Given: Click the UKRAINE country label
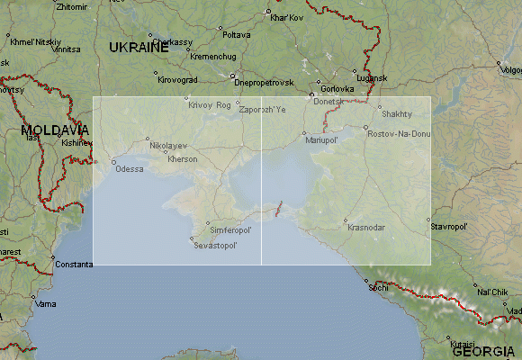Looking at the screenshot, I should (x=139, y=48).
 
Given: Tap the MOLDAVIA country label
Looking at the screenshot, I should (x=56, y=130).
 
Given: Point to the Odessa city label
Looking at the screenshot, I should (x=130, y=169).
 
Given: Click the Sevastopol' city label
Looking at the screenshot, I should (x=217, y=246).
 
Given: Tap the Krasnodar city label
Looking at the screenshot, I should (x=366, y=226).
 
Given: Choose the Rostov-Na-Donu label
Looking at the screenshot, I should (x=399, y=134).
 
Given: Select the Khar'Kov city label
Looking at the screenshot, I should (x=288, y=17).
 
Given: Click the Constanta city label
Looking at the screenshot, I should (x=73, y=265).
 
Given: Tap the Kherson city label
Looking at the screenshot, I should (x=183, y=159).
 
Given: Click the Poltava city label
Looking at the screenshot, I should (x=237, y=35).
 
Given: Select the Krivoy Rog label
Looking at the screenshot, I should (x=210, y=105).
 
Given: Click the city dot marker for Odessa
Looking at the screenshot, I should (x=113, y=162).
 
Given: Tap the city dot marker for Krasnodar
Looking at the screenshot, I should (x=346, y=219).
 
